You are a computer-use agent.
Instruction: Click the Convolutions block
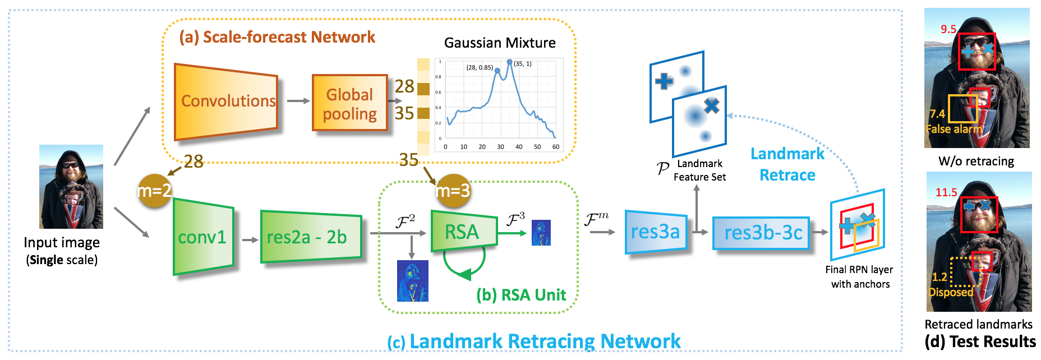pos(227,101)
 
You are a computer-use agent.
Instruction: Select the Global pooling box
pos(350,104)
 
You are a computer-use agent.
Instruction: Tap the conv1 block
pos(202,237)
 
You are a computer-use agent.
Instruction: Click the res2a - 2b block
pos(310,237)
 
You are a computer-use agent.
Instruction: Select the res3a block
pos(656,232)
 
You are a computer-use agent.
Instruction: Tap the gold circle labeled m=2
pos(154,191)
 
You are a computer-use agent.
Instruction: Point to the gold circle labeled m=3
pos(453,191)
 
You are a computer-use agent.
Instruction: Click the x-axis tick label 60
pos(556,147)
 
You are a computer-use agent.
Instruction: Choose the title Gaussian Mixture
pos(500,43)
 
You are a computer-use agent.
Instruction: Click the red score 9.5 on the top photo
pos(948,29)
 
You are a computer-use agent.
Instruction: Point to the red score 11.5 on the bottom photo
pos(946,192)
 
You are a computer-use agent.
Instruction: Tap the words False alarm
pos(954,129)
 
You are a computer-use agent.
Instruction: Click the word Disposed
pos(951,292)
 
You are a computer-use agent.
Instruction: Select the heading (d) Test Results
pos(980,341)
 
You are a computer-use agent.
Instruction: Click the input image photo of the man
pos(71,186)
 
